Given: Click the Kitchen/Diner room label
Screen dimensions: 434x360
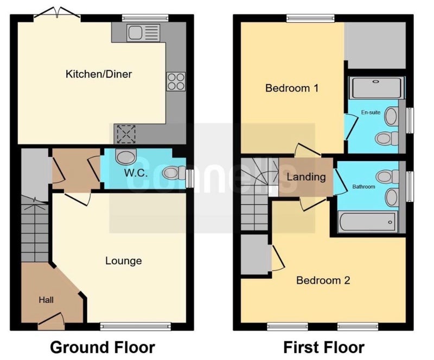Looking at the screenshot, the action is click(99, 74).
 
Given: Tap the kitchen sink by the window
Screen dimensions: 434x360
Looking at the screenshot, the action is click(143, 33).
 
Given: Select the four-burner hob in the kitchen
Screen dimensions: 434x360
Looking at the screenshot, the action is click(176, 82).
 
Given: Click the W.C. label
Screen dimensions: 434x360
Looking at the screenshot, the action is click(136, 172).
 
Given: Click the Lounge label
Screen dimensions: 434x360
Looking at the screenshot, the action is click(124, 261).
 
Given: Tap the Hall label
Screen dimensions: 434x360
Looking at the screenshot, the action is click(46, 300).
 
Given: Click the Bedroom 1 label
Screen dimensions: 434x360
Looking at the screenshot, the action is click(292, 88).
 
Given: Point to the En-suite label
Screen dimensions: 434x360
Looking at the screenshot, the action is click(371, 112).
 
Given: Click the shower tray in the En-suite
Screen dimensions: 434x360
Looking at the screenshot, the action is click(376, 88).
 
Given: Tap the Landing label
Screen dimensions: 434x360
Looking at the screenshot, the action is click(306, 177).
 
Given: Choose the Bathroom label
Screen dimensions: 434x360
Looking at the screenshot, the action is click(363, 187).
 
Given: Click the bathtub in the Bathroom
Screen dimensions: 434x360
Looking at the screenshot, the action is click(368, 222).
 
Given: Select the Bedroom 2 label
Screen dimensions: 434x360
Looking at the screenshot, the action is click(323, 280).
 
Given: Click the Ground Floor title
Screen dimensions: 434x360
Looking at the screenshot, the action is click(103, 348).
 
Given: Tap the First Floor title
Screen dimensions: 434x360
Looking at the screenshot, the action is click(324, 348).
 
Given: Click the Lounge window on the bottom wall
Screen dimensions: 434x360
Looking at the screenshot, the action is click(135, 327).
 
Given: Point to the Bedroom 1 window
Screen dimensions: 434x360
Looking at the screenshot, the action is click(310, 18).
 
